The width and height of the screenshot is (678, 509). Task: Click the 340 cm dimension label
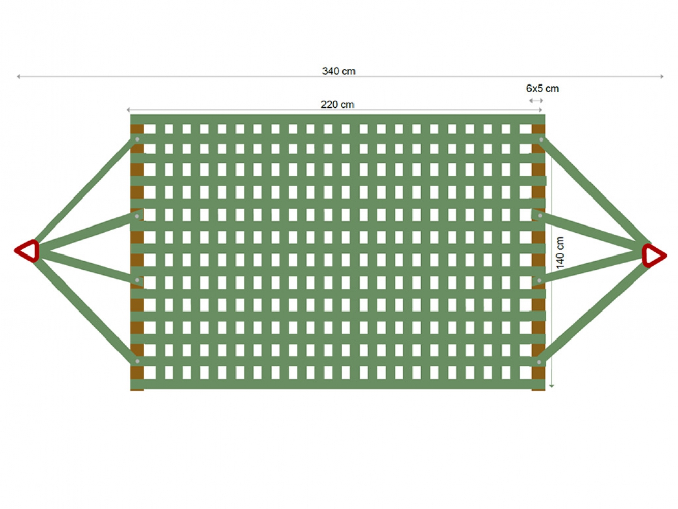pyautogui.click(x=339, y=71)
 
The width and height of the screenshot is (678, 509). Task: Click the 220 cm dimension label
pyautogui.click(x=337, y=104)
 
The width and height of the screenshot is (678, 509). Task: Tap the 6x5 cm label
pyautogui.click(x=542, y=89)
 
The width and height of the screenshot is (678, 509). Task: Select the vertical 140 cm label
pyautogui.click(x=559, y=252)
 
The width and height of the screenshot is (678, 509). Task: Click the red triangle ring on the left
pyautogui.click(x=27, y=250)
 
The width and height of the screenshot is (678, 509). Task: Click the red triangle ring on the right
pyautogui.click(x=654, y=256)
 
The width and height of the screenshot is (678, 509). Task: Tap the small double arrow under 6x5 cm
pyautogui.click(x=536, y=100)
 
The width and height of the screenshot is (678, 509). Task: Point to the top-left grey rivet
pyautogui.click(x=137, y=139)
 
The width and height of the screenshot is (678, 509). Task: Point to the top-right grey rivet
pyautogui.click(x=541, y=139)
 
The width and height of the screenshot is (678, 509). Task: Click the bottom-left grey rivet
pyautogui.click(x=137, y=361)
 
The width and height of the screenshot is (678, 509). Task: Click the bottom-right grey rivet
pyautogui.click(x=539, y=362)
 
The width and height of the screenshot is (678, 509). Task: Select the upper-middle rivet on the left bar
pyautogui.click(x=137, y=216)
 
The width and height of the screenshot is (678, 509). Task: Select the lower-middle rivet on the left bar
pyautogui.click(x=137, y=280)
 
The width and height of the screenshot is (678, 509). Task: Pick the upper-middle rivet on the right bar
pyautogui.click(x=540, y=216)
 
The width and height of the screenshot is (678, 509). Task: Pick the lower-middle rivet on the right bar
pyautogui.click(x=539, y=280)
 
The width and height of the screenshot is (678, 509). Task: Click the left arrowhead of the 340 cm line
pyautogui.click(x=18, y=76)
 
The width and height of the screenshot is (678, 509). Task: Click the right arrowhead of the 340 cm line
pyautogui.click(x=662, y=76)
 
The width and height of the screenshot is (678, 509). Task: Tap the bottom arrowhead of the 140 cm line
pyautogui.click(x=552, y=386)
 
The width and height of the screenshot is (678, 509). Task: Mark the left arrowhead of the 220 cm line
pyautogui.click(x=128, y=110)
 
